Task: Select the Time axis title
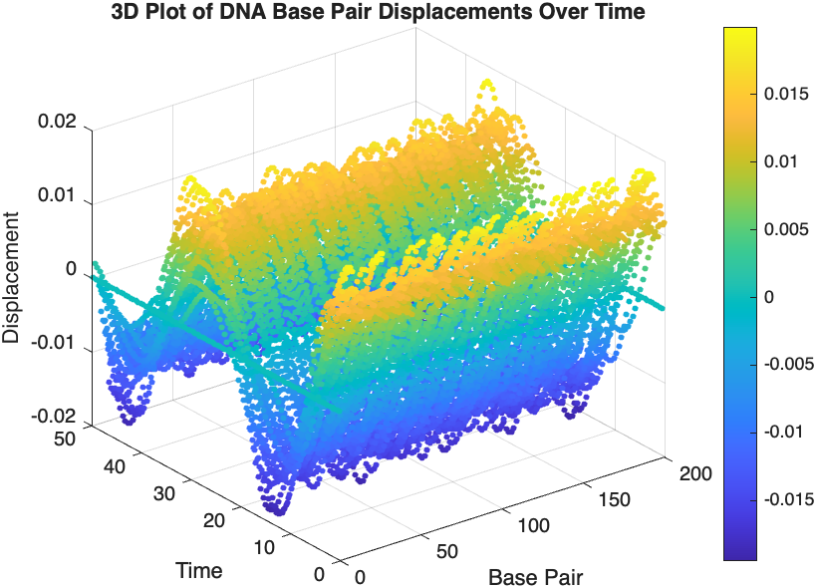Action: pyautogui.click(x=198, y=571)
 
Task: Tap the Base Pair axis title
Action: pyautogui.click(x=535, y=577)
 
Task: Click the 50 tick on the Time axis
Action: pyautogui.click(x=69, y=440)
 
